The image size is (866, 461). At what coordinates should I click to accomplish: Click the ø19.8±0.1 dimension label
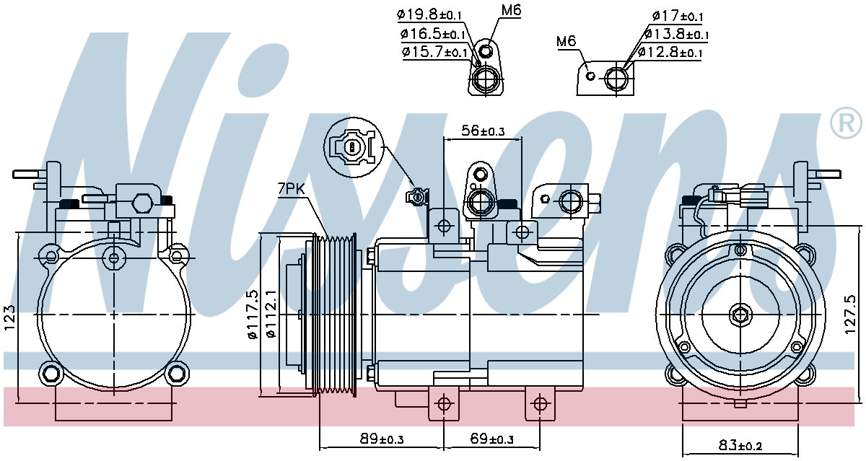pyautogui.click(x=429, y=15)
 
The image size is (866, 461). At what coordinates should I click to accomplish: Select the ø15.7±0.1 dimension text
pyautogui.click(x=435, y=52)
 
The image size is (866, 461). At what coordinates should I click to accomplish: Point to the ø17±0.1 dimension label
pyautogui.click(x=678, y=16)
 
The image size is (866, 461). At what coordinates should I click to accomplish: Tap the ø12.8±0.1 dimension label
pyautogui.click(x=670, y=52)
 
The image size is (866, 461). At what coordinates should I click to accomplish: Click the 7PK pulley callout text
pyautogui.click(x=292, y=189)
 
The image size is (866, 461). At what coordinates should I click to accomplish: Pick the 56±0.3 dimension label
pyautogui.click(x=483, y=131)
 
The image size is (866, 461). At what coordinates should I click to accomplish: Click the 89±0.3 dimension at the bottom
pyautogui.click(x=382, y=439)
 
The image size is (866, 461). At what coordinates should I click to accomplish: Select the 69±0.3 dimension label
pyautogui.click(x=491, y=439)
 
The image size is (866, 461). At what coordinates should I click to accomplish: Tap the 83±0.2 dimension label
pyautogui.click(x=740, y=446)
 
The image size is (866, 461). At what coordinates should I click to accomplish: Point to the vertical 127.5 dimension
pyautogui.click(x=851, y=315)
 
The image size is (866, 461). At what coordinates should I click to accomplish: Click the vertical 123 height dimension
pyautogui.click(x=9, y=318)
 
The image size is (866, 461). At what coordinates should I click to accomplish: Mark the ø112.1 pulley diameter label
pyautogui.click(x=271, y=315)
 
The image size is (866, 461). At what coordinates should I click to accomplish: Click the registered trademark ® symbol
pyautogui.click(x=847, y=123)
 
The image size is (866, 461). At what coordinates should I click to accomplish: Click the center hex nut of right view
pyautogui.click(x=740, y=315)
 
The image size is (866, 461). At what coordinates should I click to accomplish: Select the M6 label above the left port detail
pyautogui.click(x=512, y=10)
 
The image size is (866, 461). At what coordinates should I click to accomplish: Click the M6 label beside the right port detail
pyautogui.click(x=567, y=41)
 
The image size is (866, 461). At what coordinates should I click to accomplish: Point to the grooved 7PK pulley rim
pyautogui.click(x=335, y=315)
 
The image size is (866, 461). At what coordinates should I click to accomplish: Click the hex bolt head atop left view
pyautogui.click(x=143, y=203)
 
